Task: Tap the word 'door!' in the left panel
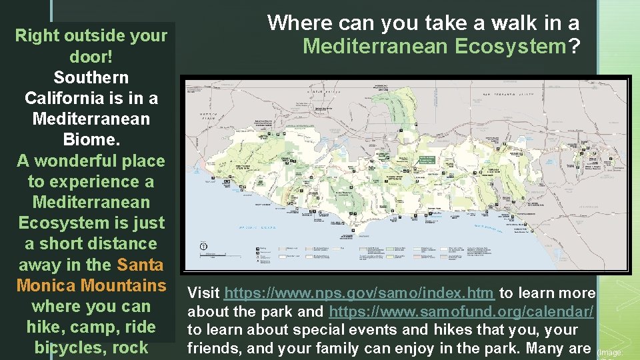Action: (x=91, y=57)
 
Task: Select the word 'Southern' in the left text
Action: (x=91, y=77)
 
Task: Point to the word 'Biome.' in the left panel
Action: (x=91, y=140)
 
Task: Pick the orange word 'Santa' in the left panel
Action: (x=140, y=265)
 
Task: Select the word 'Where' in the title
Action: (x=299, y=23)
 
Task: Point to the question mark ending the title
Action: (x=573, y=47)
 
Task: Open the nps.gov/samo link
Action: (x=360, y=293)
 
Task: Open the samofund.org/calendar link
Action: (x=461, y=311)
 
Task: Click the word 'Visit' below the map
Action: (x=204, y=293)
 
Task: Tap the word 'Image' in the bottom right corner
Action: (x=610, y=352)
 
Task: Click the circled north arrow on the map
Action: (x=204, y=246)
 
